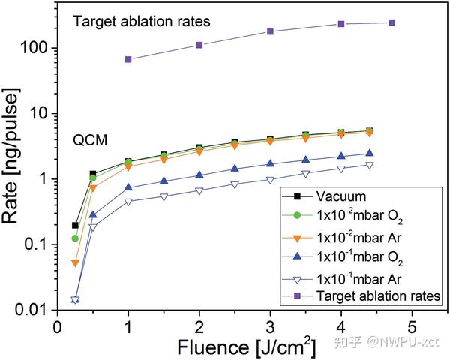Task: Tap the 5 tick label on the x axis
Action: [x=412, y=328]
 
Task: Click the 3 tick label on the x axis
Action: [x=270, y=328]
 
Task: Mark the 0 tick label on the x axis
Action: [x=57, y=328]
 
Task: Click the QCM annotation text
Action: [x=90, y=139]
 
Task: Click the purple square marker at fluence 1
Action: [x=128, y=59]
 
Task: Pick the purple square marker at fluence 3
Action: [x=270, y=31]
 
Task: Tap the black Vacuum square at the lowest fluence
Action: [x=75, y=225]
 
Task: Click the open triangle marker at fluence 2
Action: [x=199, y=191]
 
